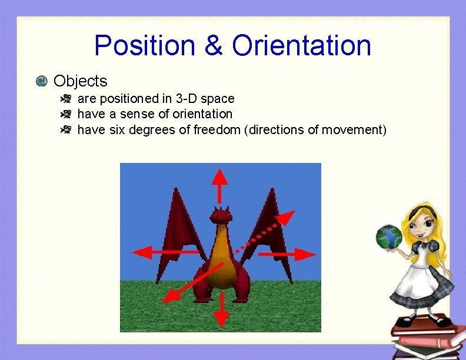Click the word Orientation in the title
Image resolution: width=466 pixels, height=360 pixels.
(301, 45)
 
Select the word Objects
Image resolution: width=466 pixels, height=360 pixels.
(80, 81)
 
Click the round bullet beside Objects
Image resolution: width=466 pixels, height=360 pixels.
(41, 81)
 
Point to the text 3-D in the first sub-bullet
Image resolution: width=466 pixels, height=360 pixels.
(186, 98)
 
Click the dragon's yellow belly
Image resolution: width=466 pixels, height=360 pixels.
(220, 259)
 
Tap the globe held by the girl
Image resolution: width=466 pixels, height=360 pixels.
(388, 237)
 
